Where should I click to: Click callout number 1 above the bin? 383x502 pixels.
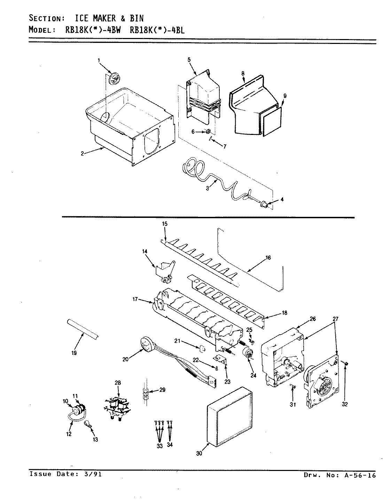99,60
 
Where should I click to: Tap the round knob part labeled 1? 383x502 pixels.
114,78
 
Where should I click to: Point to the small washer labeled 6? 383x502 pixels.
208,131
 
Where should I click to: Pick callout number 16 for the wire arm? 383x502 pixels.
268,258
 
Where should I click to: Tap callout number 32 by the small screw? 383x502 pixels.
345,404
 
